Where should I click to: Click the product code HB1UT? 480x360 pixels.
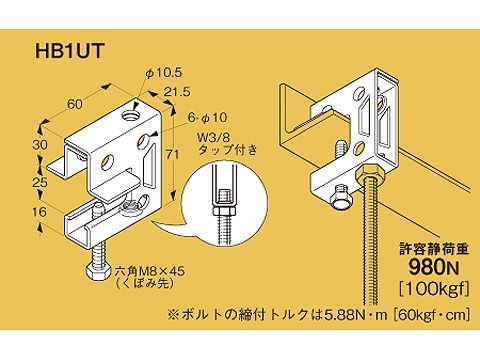pyautogui.click(x=61, y=49)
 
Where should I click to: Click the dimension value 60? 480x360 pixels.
pyautogui.click(x=74, y=102)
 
